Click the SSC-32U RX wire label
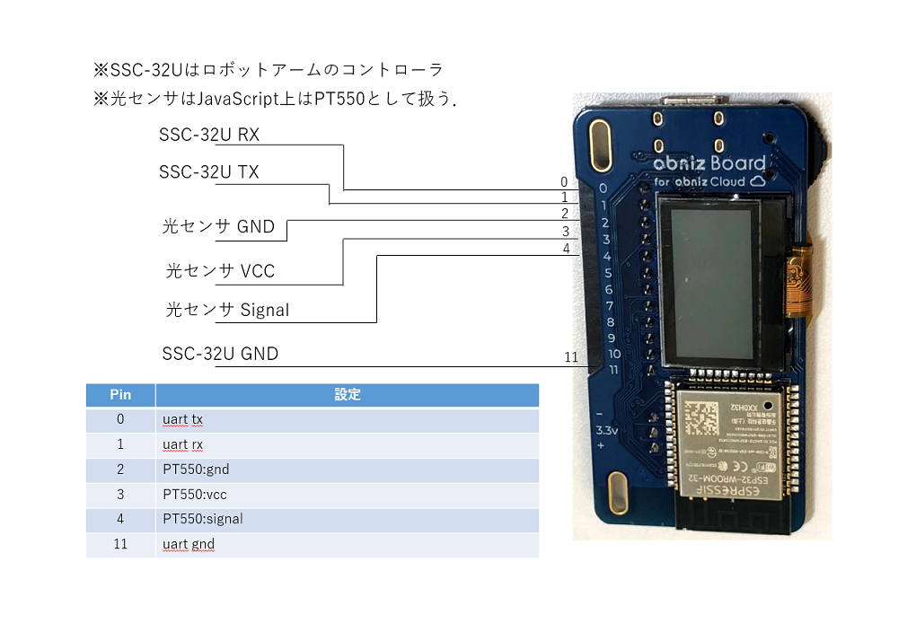pos(209,136)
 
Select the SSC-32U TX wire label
pos(209,172)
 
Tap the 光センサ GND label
pos(218,227)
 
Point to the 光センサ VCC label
pos(220,271)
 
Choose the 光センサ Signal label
pos(228,311)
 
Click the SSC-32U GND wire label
pos(220,354)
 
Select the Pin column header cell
pos(120,395)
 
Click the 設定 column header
pos(347,395)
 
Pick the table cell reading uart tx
pos(183,420)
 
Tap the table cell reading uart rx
pos(183,444)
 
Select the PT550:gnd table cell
pos(196,470)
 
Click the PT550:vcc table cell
pos(195,495)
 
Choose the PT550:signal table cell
pos(203,519)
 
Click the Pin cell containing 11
pos(120,544)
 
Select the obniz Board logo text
pos(709,163)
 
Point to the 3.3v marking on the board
pos(607,432)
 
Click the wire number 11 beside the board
pos(571,357)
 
